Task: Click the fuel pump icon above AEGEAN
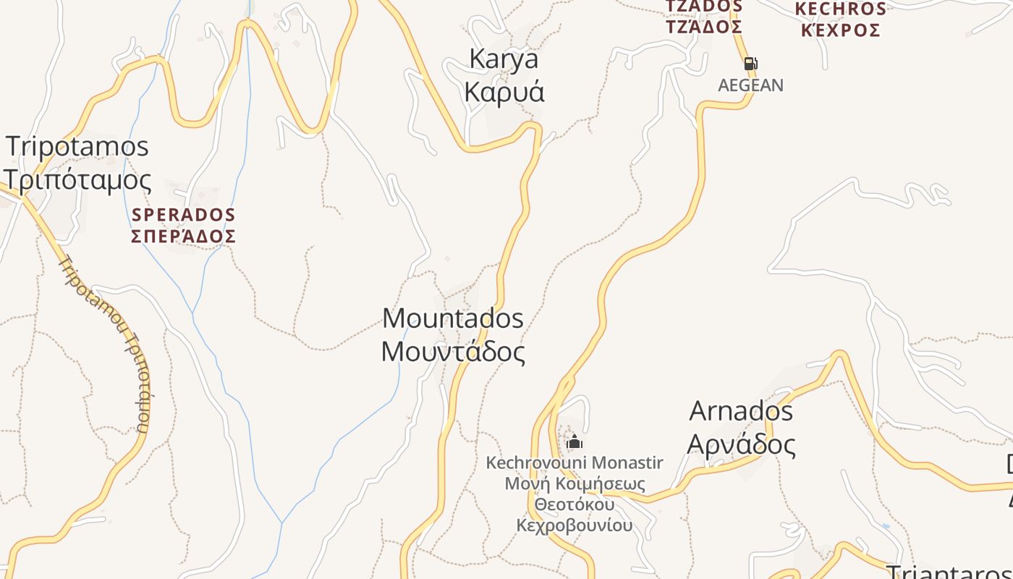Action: (750, 64)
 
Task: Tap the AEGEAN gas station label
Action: (750, 85)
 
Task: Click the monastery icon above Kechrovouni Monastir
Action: (575, 441)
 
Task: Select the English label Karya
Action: (504, 59)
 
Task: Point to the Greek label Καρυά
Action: (504, 93)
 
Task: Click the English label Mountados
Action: (453, 318)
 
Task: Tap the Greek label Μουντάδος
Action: (453, 352)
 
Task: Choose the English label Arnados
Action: (741, 411)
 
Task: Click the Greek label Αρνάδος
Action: (741, 444)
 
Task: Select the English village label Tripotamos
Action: (77, 147)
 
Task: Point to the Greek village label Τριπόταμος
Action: (77, 180)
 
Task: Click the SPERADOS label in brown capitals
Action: (184, 215)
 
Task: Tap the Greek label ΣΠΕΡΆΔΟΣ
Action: (184, 237)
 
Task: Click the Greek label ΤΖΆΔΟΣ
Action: (704, 28)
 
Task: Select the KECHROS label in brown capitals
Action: (840, 9)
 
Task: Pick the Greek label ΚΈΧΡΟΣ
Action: (840, 30)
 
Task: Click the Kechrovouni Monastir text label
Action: (575, 462)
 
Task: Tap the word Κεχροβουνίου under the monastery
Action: (575, 525)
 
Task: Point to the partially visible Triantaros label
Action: (948, 571)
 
